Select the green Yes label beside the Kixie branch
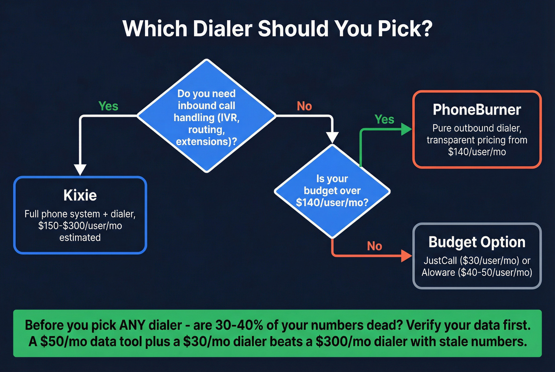108,106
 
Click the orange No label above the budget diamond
304,106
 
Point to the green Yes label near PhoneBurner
384,119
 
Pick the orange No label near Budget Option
374,246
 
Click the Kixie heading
80,195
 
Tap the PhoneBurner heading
477,110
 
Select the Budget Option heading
477,242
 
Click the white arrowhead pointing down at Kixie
80,169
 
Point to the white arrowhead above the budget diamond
332,137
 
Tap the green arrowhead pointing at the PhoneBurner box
406,129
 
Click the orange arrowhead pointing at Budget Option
406,256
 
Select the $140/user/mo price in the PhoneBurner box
477,152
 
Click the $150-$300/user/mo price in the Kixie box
80,226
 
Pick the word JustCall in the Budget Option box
440,261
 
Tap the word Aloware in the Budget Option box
438,273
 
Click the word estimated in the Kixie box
80,238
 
